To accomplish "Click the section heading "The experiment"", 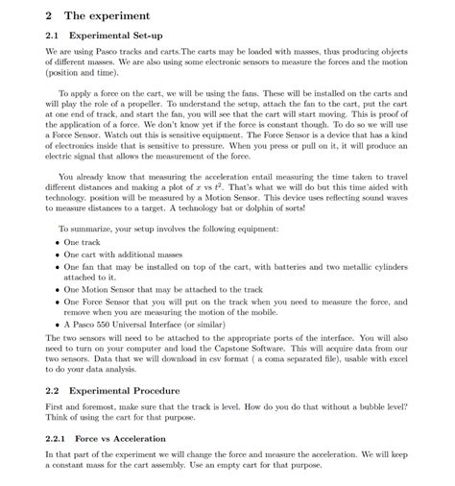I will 106,16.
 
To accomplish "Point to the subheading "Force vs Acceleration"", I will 120,439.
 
